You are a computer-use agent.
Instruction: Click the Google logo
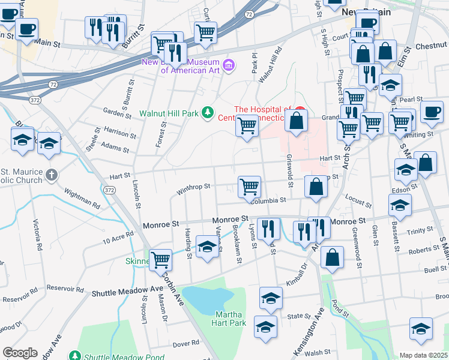20,353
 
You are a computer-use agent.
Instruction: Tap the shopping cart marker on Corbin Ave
161,260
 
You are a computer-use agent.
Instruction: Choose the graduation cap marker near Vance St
208,247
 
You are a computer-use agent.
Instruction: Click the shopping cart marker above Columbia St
249,186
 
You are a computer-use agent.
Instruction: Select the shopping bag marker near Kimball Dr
332,257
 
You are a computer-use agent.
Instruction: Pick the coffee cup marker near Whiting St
431,111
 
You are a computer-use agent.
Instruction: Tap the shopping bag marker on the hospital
297,120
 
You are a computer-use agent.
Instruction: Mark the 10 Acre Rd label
118,238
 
